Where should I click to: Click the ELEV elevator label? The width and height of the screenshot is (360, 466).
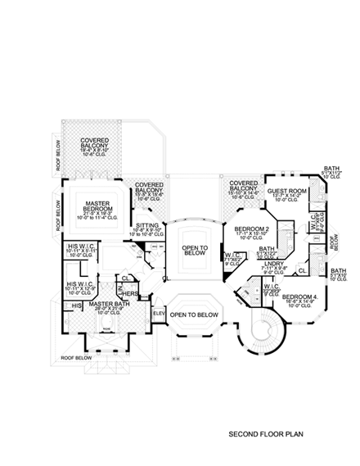pyautogui.click(x=158, y=313)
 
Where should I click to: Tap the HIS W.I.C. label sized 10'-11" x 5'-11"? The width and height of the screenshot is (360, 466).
pyautogui.click(x=83, y=246)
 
